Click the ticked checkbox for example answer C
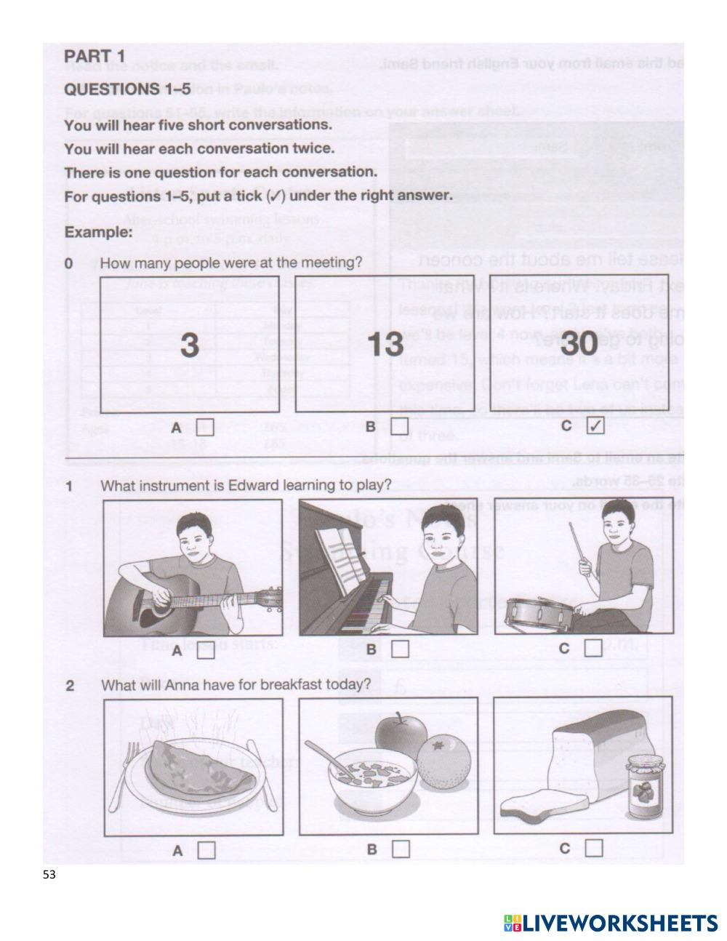tap(594, 427)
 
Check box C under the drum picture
tap(593, 647)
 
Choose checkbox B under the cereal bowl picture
tap(401, 849)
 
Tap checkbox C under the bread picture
tap(594, 848)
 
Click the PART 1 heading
tap(95, 56)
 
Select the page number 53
tap(49, 875)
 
